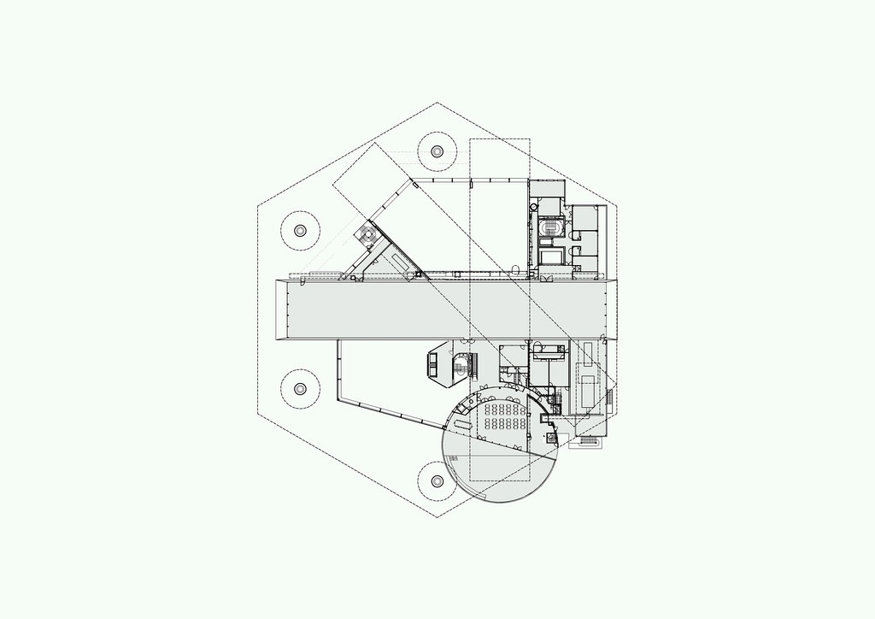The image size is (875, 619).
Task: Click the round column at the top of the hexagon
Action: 437,151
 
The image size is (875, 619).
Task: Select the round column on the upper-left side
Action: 300,230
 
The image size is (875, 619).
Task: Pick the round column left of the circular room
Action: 437,483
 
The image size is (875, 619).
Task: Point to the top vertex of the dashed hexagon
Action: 437,103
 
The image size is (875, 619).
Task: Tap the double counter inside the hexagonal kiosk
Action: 432,365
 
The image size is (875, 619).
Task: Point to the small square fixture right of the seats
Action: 552,438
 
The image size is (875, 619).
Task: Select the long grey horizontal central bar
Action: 449,308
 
